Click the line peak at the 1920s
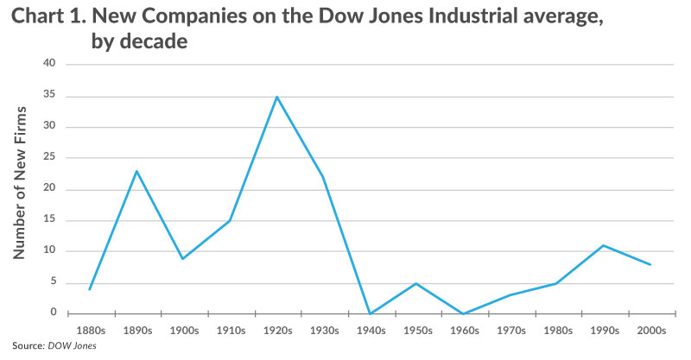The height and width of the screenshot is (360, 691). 276,97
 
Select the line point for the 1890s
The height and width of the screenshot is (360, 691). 136,171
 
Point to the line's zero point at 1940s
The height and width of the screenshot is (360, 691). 370,313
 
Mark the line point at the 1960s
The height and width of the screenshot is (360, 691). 463,313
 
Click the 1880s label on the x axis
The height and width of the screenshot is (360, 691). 89,330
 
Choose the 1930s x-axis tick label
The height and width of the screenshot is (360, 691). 323,330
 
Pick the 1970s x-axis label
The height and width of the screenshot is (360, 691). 510,330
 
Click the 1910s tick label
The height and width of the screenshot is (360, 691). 230,330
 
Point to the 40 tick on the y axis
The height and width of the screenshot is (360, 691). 49,64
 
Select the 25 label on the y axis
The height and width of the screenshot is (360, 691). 49,158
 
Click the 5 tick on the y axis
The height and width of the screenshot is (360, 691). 52,282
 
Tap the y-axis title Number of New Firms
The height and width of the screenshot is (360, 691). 21,183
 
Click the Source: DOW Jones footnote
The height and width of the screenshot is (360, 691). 54,346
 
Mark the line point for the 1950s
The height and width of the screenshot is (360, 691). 416,283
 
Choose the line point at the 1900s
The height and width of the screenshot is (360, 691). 183,258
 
